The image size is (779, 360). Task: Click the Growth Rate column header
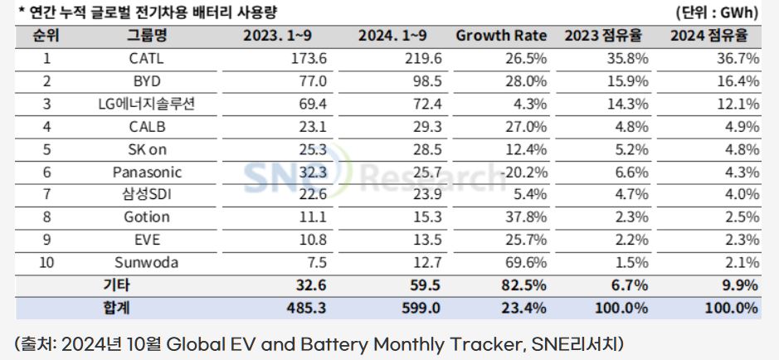click(501, 36)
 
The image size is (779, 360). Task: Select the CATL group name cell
click(146, 59)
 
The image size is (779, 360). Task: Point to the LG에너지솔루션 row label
click(146, 105)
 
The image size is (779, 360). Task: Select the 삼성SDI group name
click(146, 195)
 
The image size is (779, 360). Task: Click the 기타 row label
click(117, 285)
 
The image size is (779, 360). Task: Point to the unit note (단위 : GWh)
click(717, 13)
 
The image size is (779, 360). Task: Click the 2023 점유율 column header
click(603, 36)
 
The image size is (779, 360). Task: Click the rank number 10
click(46, 262)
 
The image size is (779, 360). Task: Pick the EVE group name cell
click(146, 240)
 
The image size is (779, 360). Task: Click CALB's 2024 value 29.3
click(426, 127)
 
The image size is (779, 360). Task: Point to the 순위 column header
click(46, 36)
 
